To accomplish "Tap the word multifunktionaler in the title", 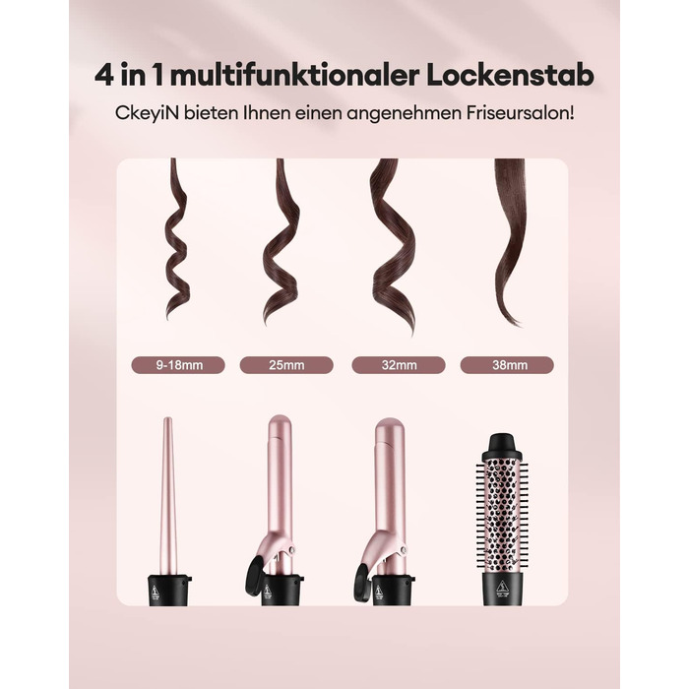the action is point(293,75).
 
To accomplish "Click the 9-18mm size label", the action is point(178,365).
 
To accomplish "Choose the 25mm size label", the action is point(286,365).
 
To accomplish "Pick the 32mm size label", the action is point(399,365).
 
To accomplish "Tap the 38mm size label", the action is point(507,365).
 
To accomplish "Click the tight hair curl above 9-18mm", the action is point(177,240).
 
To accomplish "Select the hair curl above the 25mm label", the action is point(282,242).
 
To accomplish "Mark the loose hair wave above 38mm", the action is point(512,242).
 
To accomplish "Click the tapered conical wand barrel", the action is point(168,496).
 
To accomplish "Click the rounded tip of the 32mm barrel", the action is point(390,426).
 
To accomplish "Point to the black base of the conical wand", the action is point(169,591).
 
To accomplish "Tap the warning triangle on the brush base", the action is point(502,586).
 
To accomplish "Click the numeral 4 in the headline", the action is point(104,76).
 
